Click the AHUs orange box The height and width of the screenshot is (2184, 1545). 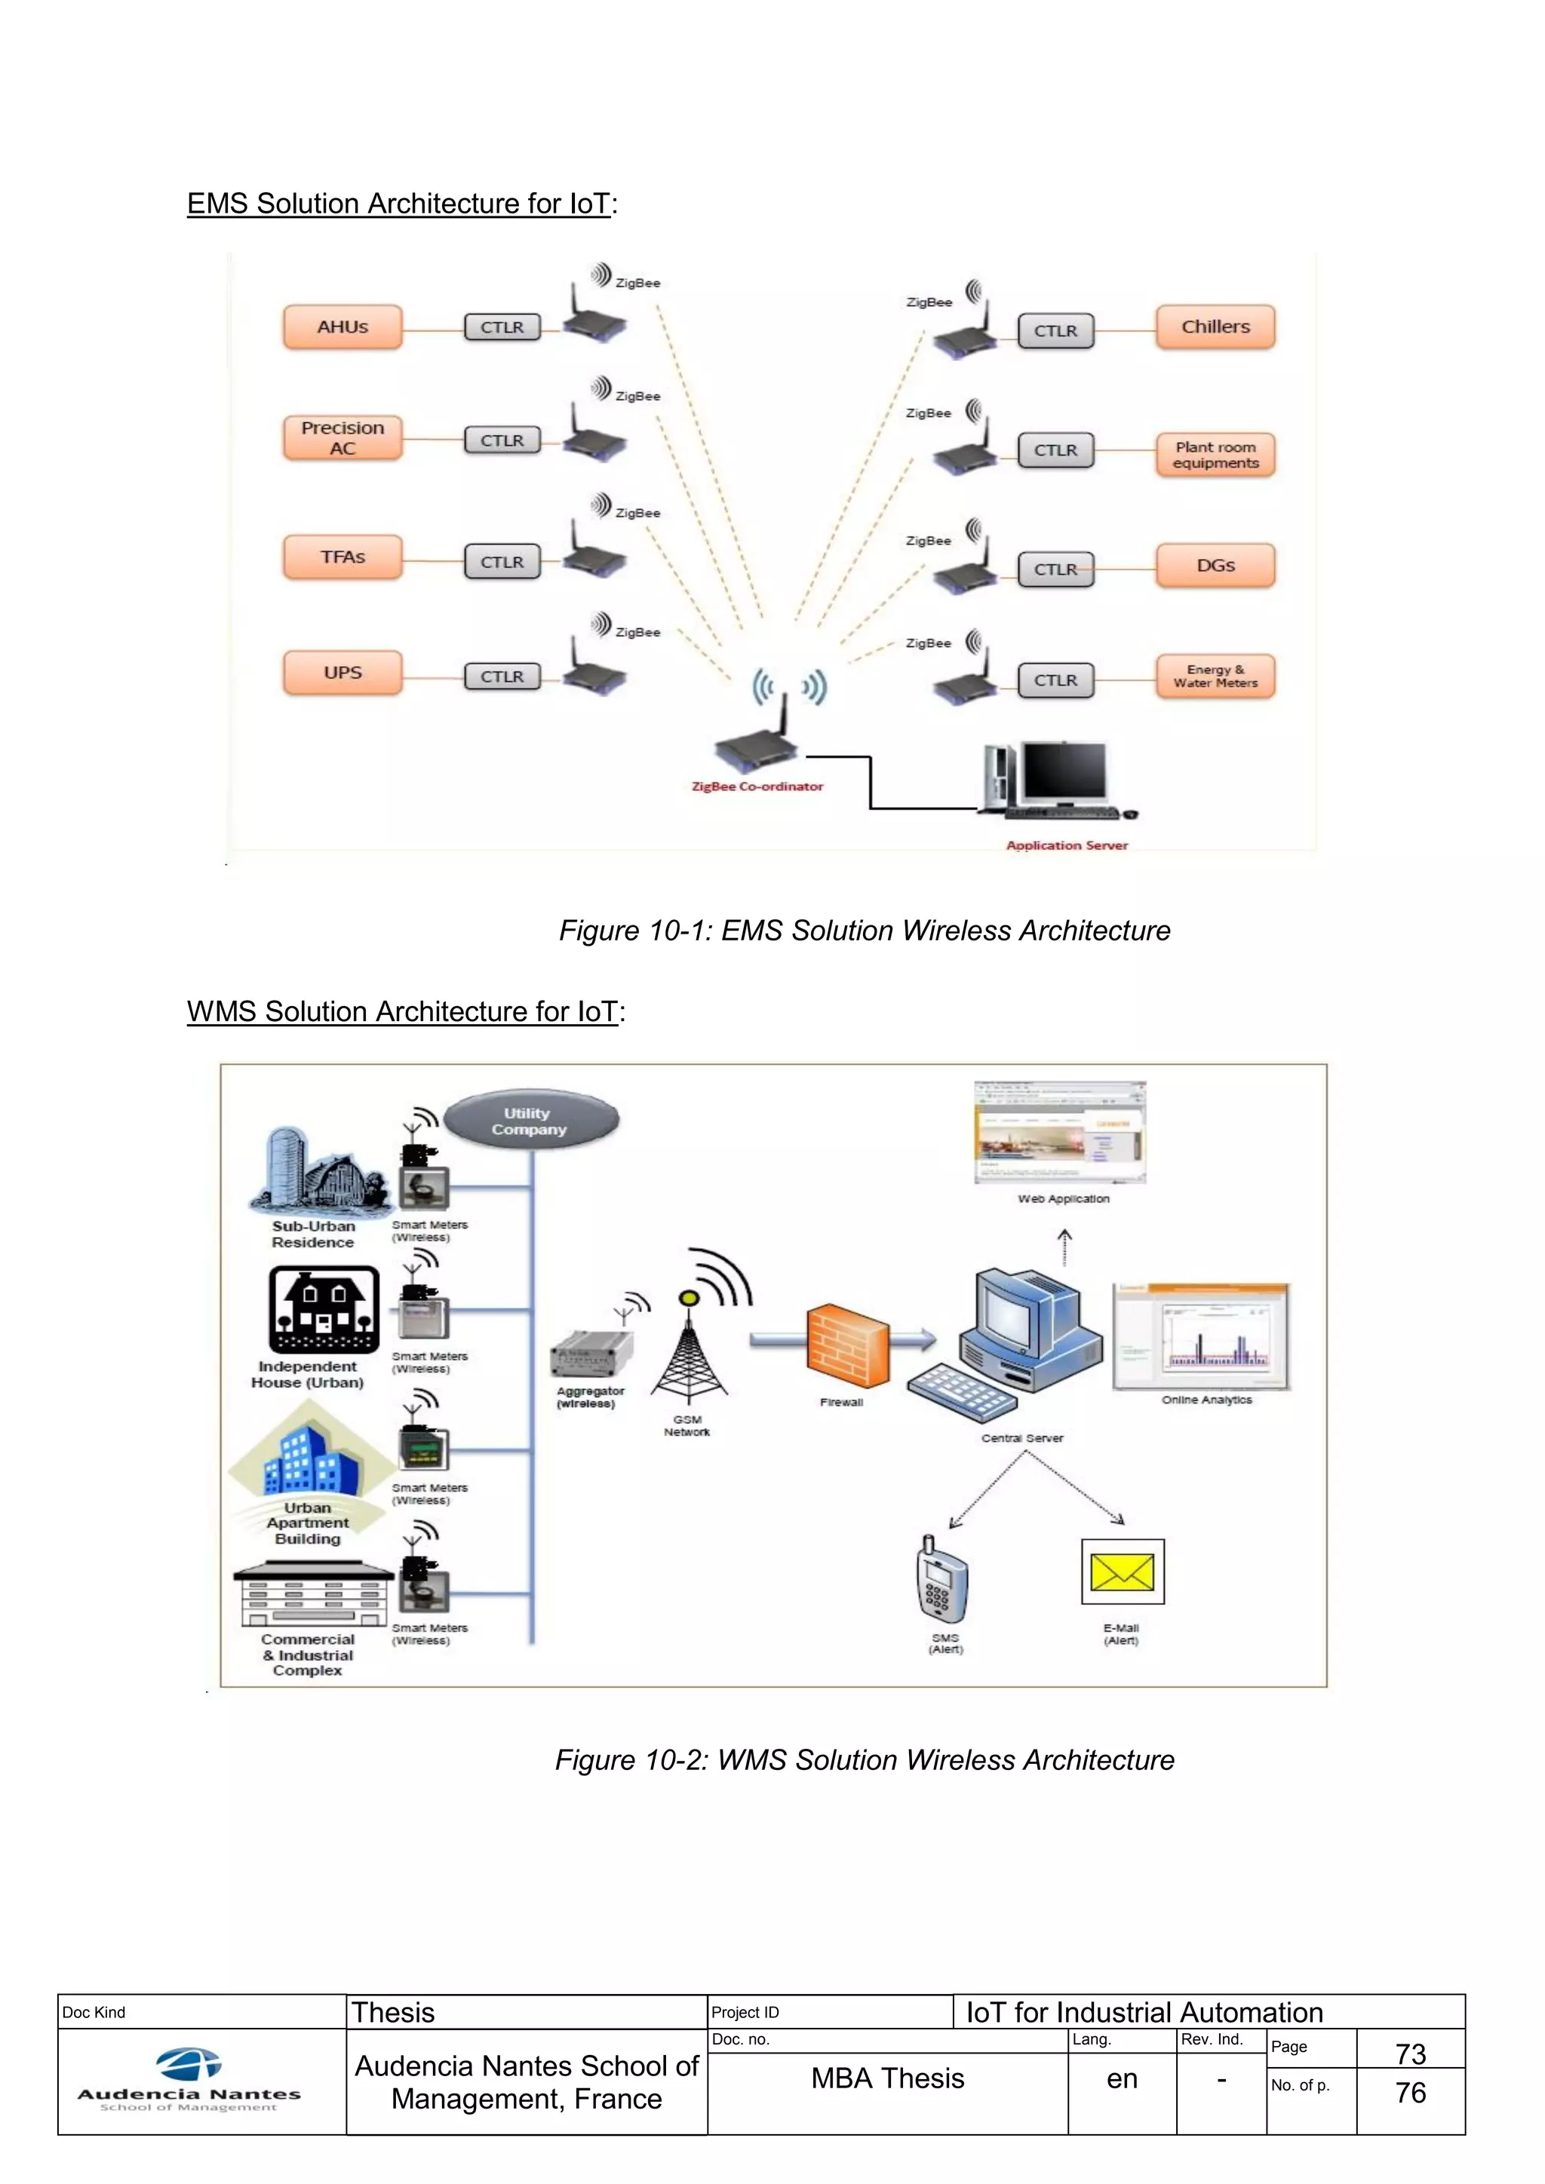[342, 327]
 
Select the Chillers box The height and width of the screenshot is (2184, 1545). [1215, 327]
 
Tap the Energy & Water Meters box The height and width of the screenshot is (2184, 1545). [1215, 676]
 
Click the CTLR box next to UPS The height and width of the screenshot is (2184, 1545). [502, 676]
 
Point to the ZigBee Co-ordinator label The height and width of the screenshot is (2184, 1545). [757, 787]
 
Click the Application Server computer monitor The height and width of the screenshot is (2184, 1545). [1064, 772]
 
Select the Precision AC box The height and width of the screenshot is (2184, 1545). [342, 438]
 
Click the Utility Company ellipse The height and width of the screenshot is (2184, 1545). [532, 1121]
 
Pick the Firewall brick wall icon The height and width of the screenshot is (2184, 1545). [848, 1346]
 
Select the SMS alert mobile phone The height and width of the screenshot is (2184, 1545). [941, 1580]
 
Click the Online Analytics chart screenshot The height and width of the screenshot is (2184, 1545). [1200, 1337]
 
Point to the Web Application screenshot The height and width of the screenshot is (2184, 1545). [1060, 1132]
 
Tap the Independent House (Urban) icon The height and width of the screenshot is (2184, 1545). [324, 1310]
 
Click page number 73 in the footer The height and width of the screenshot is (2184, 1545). [1410, 2054]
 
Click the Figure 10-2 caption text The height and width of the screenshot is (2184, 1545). [864, 1759]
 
